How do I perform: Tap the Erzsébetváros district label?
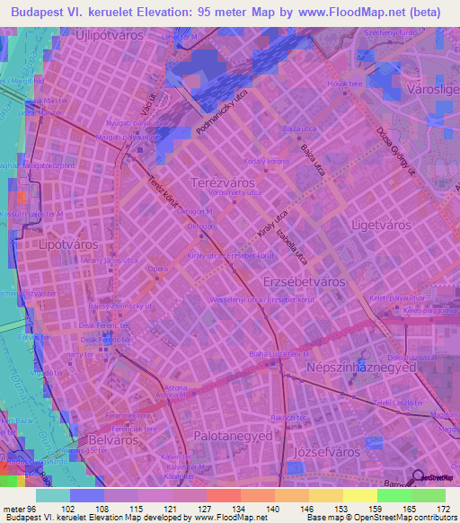point(304,281)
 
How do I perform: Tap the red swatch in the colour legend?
point(223,495)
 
